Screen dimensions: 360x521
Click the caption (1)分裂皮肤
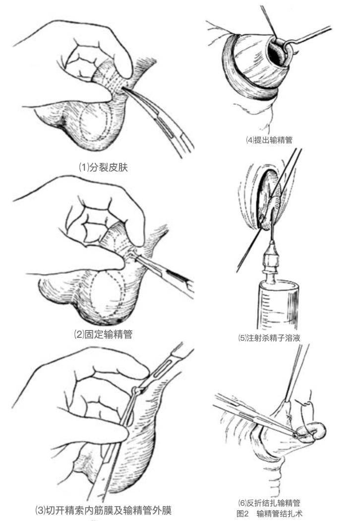pos(103,167)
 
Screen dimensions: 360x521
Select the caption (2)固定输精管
pos(103,334)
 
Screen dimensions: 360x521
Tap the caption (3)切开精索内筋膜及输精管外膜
pos(103,510)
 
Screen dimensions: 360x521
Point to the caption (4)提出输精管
pos(269,140)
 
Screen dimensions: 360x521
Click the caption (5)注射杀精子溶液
pos(269,338)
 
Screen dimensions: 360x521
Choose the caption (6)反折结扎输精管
pos(269,503)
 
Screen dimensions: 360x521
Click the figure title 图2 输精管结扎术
pos(269,514)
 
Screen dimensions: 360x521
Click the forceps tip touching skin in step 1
pos(123,88)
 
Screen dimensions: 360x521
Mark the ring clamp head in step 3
pos(136,391)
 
